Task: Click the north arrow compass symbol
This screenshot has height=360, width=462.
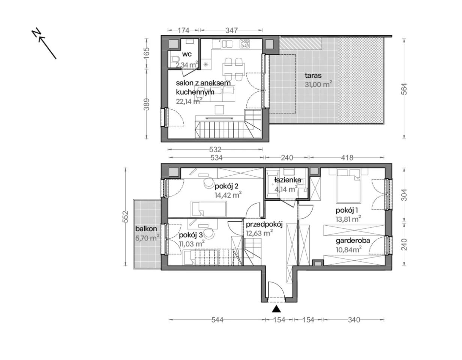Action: [44, 43]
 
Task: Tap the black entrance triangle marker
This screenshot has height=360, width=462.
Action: [276, 309]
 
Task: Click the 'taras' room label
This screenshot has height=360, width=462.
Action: [313, 75]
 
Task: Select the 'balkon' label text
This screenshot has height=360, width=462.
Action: [146, 229]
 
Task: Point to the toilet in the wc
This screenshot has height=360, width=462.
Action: [175, 61]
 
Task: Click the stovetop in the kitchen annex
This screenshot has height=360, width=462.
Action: [246, 44]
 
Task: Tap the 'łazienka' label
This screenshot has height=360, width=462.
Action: [288, 180]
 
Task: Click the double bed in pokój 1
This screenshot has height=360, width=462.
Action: [349, 189]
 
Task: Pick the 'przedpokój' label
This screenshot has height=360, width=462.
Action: [264, 224]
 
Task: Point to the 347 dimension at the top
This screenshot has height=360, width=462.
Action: [231, 30]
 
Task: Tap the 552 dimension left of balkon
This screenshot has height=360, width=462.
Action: [126, 216]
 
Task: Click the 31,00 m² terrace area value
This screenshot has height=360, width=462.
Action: [318, 84]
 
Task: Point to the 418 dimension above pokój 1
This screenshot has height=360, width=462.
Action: [347, 157]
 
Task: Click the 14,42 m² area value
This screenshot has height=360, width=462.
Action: [228, 195]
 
